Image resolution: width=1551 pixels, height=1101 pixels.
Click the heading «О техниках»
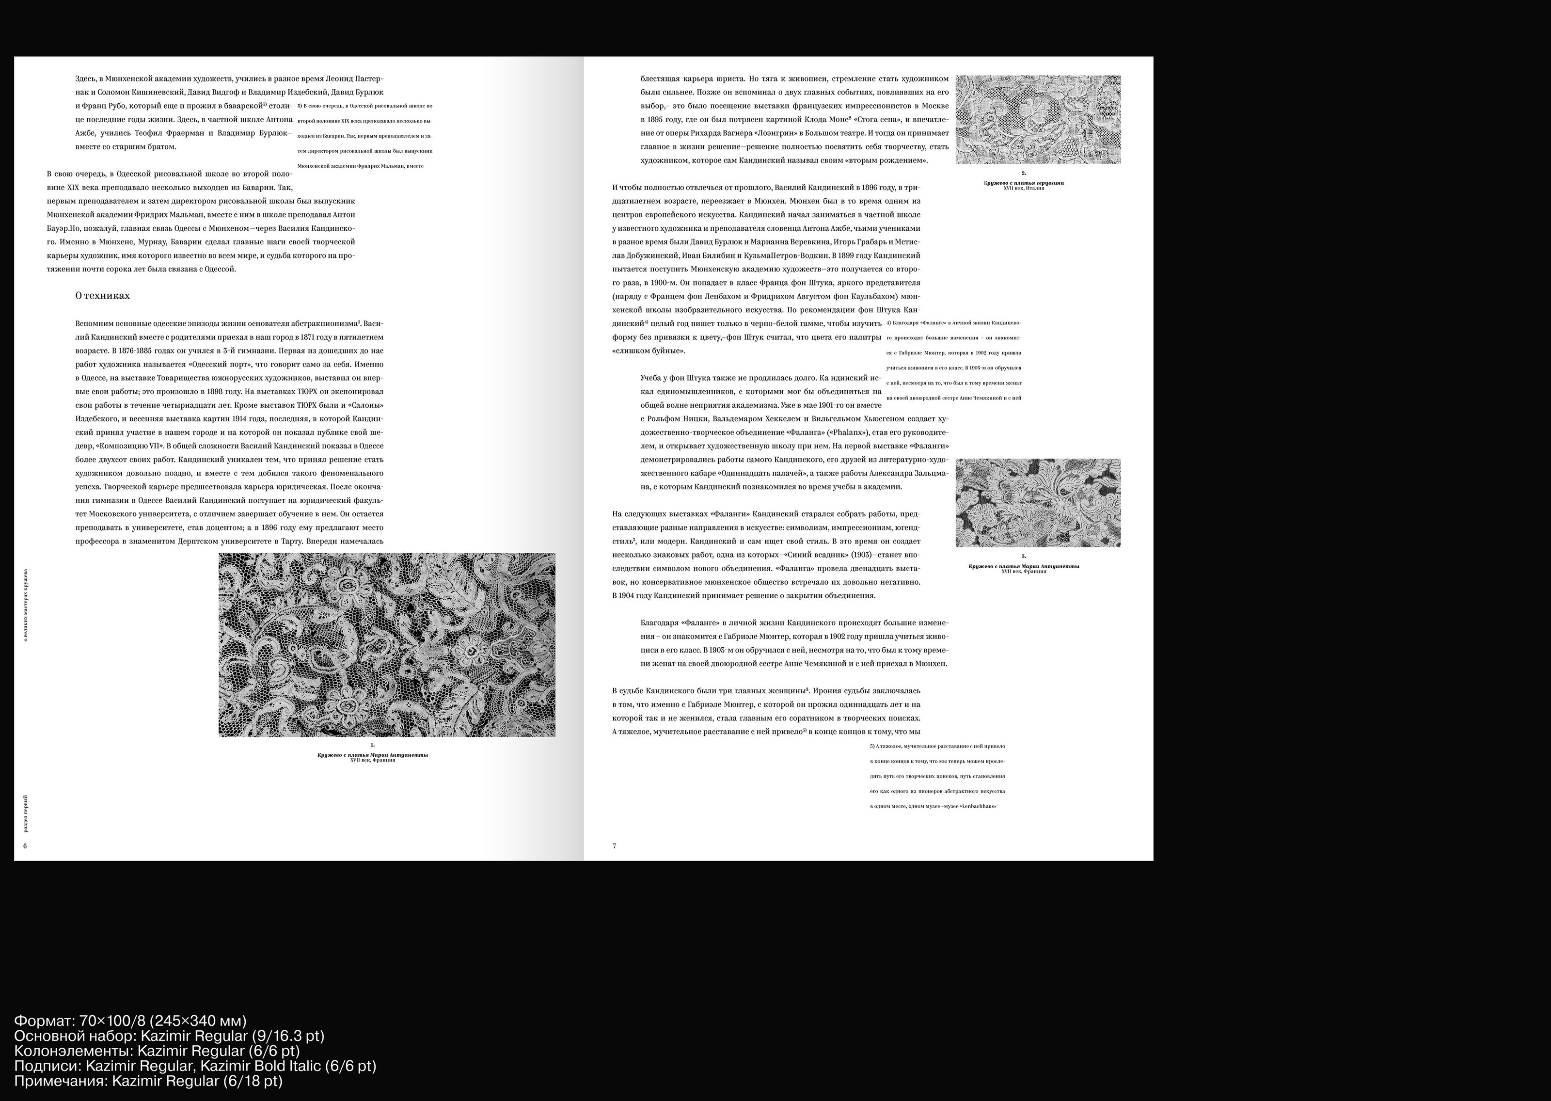[x=102, y=296]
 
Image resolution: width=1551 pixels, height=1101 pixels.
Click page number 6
[x=25, y=846]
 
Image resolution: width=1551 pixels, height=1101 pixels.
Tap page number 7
[x=614, y=846]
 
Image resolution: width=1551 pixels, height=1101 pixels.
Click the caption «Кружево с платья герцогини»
[x=1023, y=183]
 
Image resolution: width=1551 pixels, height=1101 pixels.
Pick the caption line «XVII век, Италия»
[x=1023, y=189]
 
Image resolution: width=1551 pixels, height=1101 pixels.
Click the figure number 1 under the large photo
[x=373, y=745]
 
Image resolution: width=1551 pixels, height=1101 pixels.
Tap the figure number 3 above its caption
[x=1024, y=556]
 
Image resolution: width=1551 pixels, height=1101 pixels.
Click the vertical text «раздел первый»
[x=26, y=814]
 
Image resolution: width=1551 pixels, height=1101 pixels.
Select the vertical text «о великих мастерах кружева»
[x=26, y=606]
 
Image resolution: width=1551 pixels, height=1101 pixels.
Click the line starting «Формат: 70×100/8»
[x=130, y=1021]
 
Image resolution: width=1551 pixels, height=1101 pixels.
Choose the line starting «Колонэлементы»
[x=157, y=1051]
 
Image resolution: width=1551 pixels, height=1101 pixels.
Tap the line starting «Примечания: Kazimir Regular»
[x=148, y=1081]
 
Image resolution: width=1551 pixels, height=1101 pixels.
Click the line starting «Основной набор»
[x=169, y=1036]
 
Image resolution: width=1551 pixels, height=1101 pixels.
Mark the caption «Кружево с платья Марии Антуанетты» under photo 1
[x=373, y=754]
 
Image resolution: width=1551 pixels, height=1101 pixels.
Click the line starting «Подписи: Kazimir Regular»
[x=194, y=1066]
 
